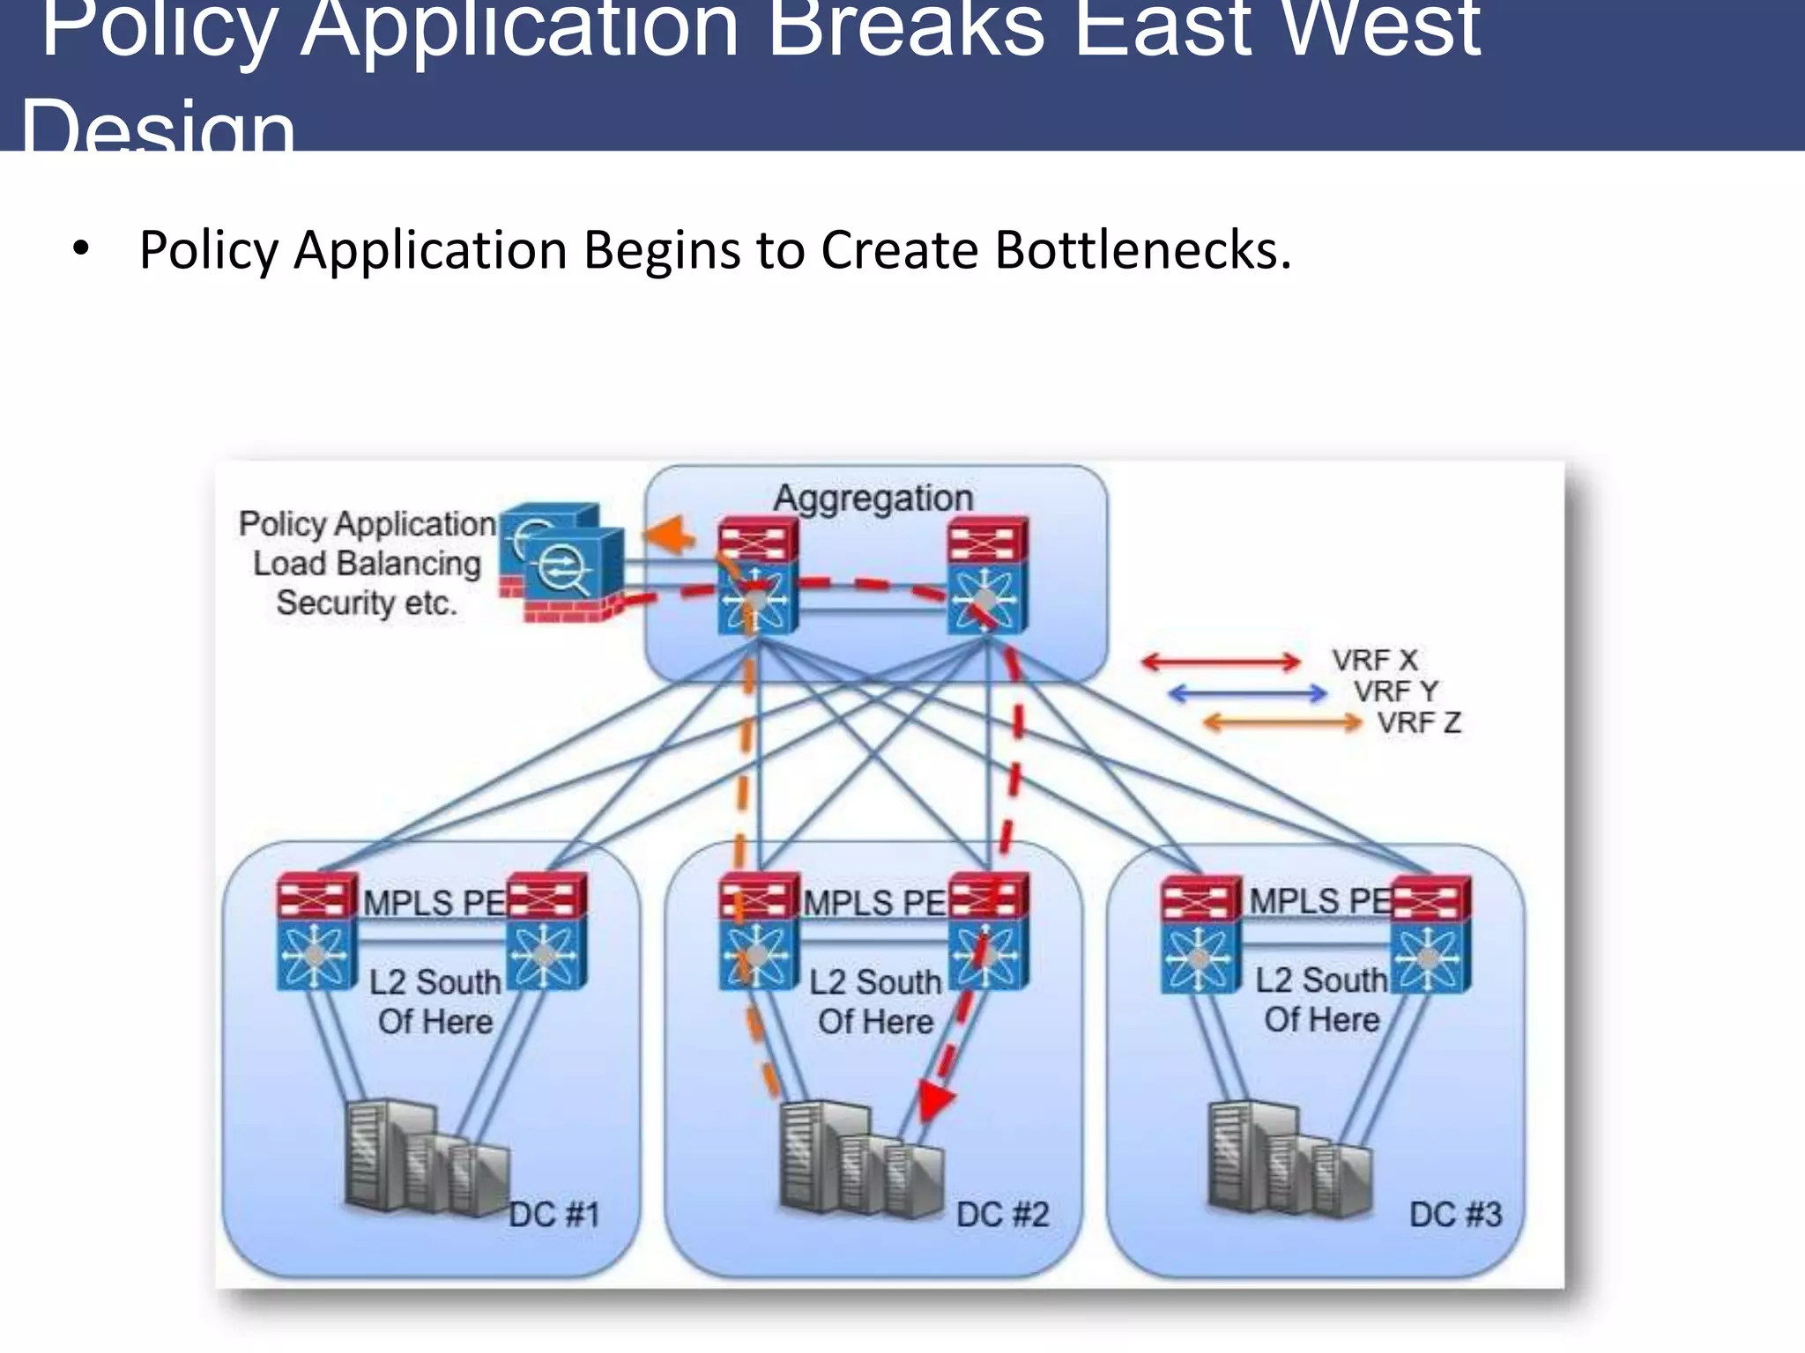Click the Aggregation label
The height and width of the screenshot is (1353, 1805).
(x=873, y=499)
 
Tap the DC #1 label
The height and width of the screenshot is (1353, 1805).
(x=553, y=1215)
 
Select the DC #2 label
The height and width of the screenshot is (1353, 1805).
(x=1002, y=1215)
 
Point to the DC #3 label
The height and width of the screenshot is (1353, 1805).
(x=1455, y=1214)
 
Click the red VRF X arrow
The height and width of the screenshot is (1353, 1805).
(x=1221, y=662)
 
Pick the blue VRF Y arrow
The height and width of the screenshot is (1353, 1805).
(x=1247, y=693)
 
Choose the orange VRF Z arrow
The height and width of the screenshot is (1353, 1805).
(x=1282, y=723)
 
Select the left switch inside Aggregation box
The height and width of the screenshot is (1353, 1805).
(x=757, y=576)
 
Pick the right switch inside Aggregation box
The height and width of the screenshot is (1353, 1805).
(x=986, y=576)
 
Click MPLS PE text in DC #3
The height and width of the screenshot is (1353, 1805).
(x=1319, y=901)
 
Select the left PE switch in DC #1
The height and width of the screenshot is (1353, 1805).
(x=316, y=932)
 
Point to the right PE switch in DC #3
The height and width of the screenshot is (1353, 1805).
(x=1430, y=934)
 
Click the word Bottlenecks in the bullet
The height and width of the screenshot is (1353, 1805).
(x=1142, y=250)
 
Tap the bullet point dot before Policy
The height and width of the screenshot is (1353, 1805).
(x=81, y=250)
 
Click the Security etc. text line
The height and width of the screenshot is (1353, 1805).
(x=367, y=603)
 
